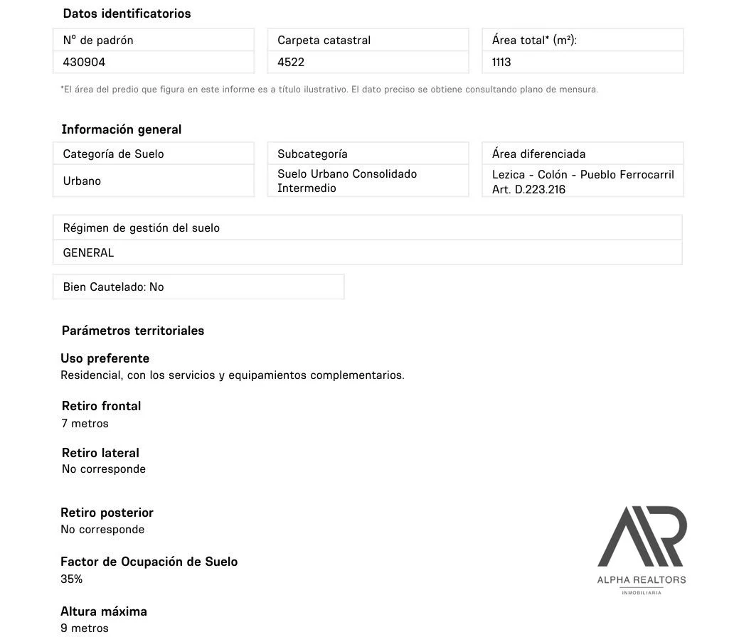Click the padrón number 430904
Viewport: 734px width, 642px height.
tap(84, 63)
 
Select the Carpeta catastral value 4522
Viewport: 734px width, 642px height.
tap(291, 63)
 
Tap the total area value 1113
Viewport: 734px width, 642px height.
tap(501, 63)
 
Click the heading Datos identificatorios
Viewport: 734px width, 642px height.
tap(127, 14)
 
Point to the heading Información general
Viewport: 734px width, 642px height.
tap(122, 129)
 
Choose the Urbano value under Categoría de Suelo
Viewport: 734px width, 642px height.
tap(82, 181)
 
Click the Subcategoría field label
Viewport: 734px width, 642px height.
tap(312, 154)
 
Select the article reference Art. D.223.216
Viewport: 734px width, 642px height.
tap(528, 190)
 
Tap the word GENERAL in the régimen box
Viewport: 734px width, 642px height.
tap(88, 253)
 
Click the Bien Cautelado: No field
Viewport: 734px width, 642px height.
tap(114, 287)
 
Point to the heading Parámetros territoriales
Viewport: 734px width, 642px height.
tap(133, 331)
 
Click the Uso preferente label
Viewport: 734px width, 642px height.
tap(105, 358)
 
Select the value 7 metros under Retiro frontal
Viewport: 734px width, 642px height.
tap(85, 424)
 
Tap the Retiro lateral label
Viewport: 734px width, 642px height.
tap(100, 453)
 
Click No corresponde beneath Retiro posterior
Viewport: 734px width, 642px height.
tap(102, 530)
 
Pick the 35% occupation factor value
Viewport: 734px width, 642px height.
tap(71, 579)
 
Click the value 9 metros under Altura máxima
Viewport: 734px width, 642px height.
tap(85, 628)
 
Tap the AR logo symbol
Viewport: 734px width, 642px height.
tap(642, 536)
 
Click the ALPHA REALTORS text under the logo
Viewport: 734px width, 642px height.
tap(642, 580)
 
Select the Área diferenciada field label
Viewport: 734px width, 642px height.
tap(538, 154)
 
